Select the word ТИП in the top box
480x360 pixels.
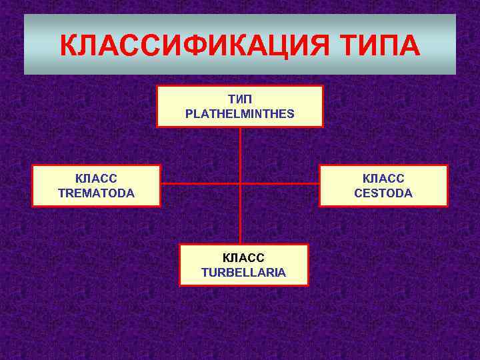(240, 99)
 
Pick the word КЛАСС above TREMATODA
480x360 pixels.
(96, 179)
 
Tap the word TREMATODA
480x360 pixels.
(96, 193)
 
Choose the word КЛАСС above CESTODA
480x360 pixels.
(383, 179)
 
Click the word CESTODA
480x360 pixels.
(383, 193)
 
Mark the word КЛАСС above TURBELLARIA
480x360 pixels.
(243, 258)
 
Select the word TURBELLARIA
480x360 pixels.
(243, 272)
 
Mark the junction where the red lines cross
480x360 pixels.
(240, 183)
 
